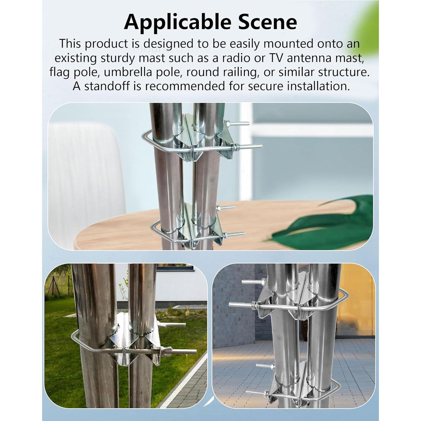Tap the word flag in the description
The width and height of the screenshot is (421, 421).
point(59,72)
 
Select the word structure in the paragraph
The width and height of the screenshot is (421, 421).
point(344,72)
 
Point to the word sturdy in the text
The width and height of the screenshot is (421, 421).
point(121,58)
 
